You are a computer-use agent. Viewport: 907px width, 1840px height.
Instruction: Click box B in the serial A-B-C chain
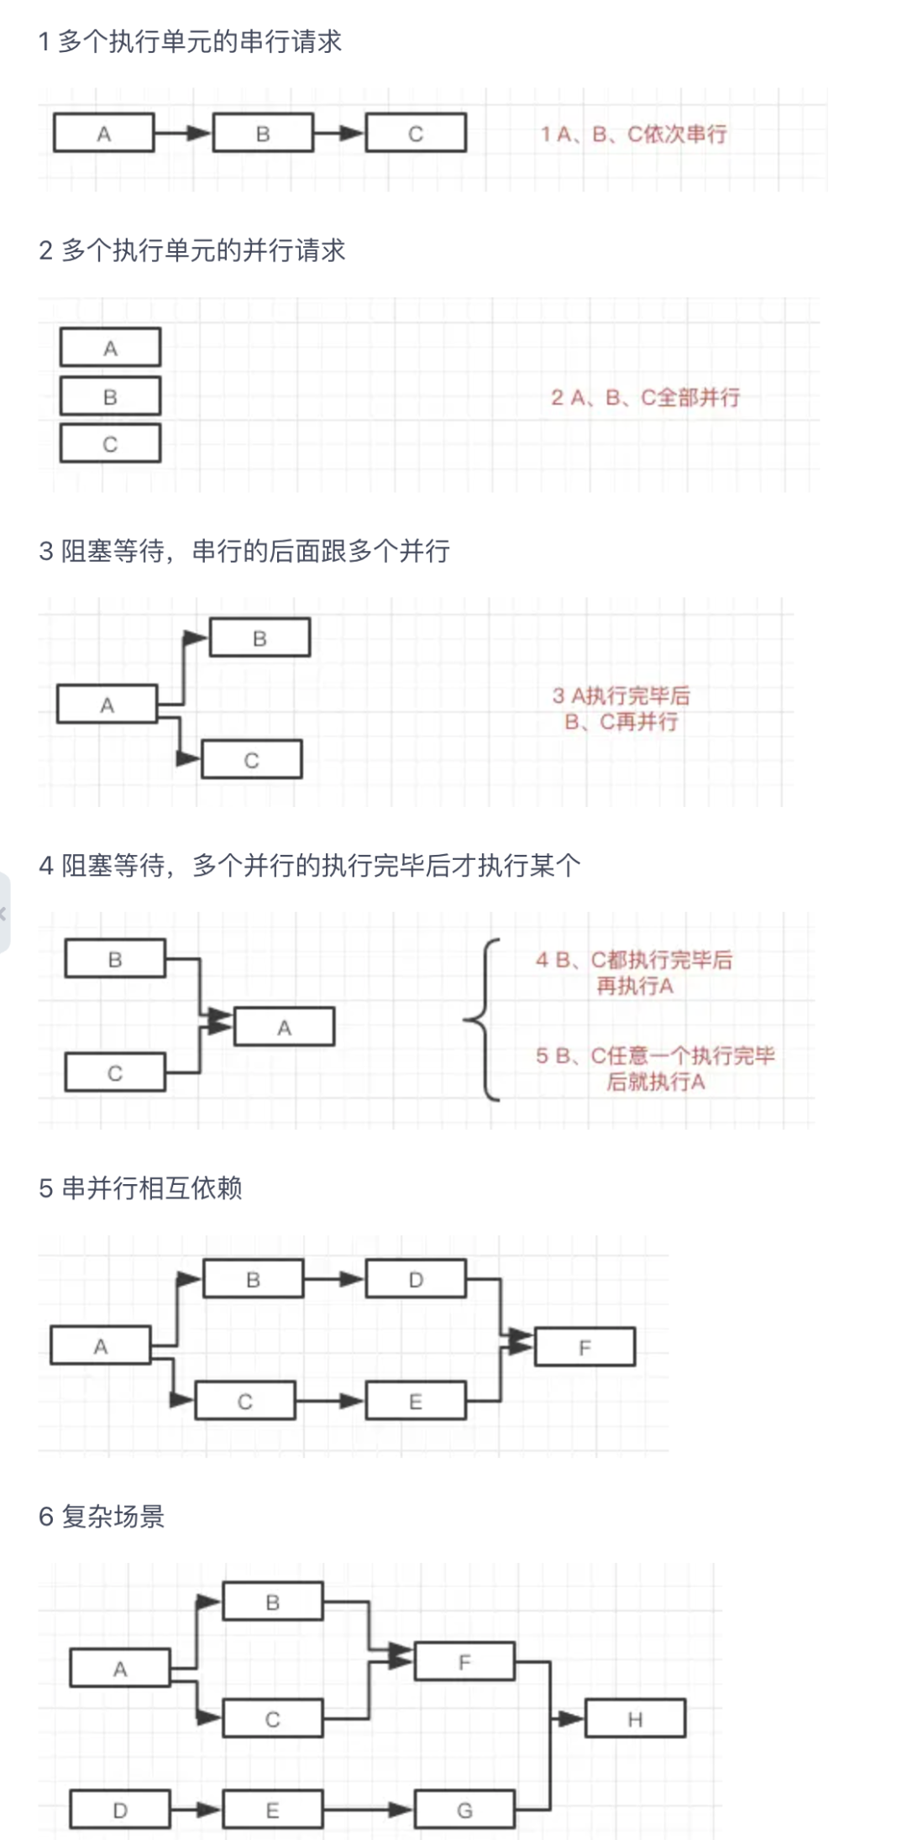[263, 134]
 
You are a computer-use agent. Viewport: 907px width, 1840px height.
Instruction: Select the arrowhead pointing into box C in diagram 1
[354, 134]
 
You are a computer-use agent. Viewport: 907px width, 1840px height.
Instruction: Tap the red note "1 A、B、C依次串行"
[633, 134]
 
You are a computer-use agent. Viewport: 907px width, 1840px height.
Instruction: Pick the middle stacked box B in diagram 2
[110, 396]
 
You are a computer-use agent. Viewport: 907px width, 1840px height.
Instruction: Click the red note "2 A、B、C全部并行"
[645, 397]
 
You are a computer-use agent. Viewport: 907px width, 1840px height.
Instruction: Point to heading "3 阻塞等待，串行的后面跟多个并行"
[244, 551]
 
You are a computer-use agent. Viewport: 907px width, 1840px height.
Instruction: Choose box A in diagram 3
[107, 705]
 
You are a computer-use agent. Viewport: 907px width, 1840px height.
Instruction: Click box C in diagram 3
[251, 760]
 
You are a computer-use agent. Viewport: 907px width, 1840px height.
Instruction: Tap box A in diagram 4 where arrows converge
[284, 1027]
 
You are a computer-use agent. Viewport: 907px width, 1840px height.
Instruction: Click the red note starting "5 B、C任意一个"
[655, 1068]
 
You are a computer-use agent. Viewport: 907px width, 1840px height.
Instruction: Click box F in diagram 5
[585, 1347]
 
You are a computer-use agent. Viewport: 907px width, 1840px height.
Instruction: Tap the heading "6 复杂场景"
[102, 1517]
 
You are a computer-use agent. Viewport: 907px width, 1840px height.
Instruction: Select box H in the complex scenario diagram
[635, 1719]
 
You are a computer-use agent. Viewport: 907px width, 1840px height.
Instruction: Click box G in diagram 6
[464, 1810]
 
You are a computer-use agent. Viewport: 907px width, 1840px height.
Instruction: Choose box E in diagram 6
[272, 1810]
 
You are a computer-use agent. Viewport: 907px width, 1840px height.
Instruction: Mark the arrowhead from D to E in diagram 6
[209, 1810]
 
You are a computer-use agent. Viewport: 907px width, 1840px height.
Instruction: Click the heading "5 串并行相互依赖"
[140, 1188]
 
